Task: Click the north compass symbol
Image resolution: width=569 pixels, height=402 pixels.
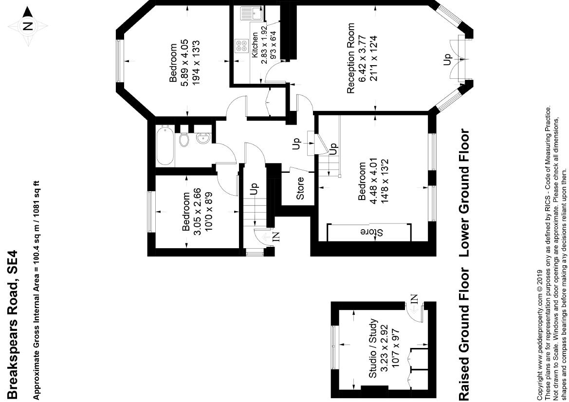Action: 28,25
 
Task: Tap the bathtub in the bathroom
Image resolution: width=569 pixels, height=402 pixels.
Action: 165,146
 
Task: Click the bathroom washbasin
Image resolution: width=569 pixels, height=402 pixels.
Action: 203,139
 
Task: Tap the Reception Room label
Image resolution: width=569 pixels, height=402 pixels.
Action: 351,58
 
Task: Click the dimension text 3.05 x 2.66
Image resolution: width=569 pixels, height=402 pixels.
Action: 197,212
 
